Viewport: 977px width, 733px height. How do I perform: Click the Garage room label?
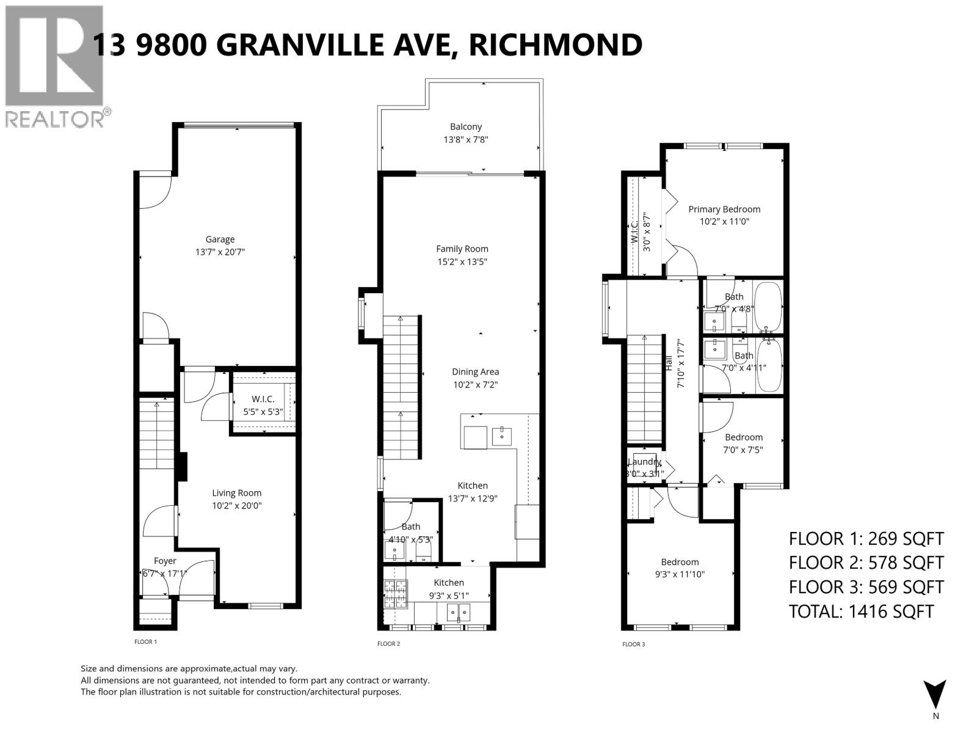pos(220,239)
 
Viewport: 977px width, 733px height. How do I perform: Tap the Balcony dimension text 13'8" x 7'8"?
pos(466,140)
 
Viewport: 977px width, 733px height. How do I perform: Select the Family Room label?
pos(462,249)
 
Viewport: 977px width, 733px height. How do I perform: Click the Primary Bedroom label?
pos(724,209)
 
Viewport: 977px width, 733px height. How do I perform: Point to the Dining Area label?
pos(475,371)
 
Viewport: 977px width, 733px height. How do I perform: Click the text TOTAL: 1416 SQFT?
pos(861,611)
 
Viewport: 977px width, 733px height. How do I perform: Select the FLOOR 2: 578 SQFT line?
pos(866,563)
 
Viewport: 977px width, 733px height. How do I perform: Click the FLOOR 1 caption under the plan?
pos(145,642)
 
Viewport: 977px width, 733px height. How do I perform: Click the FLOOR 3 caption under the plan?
pos(633,644)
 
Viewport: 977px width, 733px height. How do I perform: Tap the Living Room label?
pos(237,493)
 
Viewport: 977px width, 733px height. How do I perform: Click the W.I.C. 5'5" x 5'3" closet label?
pos(263,405)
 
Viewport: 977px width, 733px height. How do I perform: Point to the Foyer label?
pos(165,561)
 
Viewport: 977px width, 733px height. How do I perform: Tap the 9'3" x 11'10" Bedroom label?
pos(680,562)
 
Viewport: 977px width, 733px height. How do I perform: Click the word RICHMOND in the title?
pos(556,44)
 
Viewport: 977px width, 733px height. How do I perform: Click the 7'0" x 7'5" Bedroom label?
pos(744,437)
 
